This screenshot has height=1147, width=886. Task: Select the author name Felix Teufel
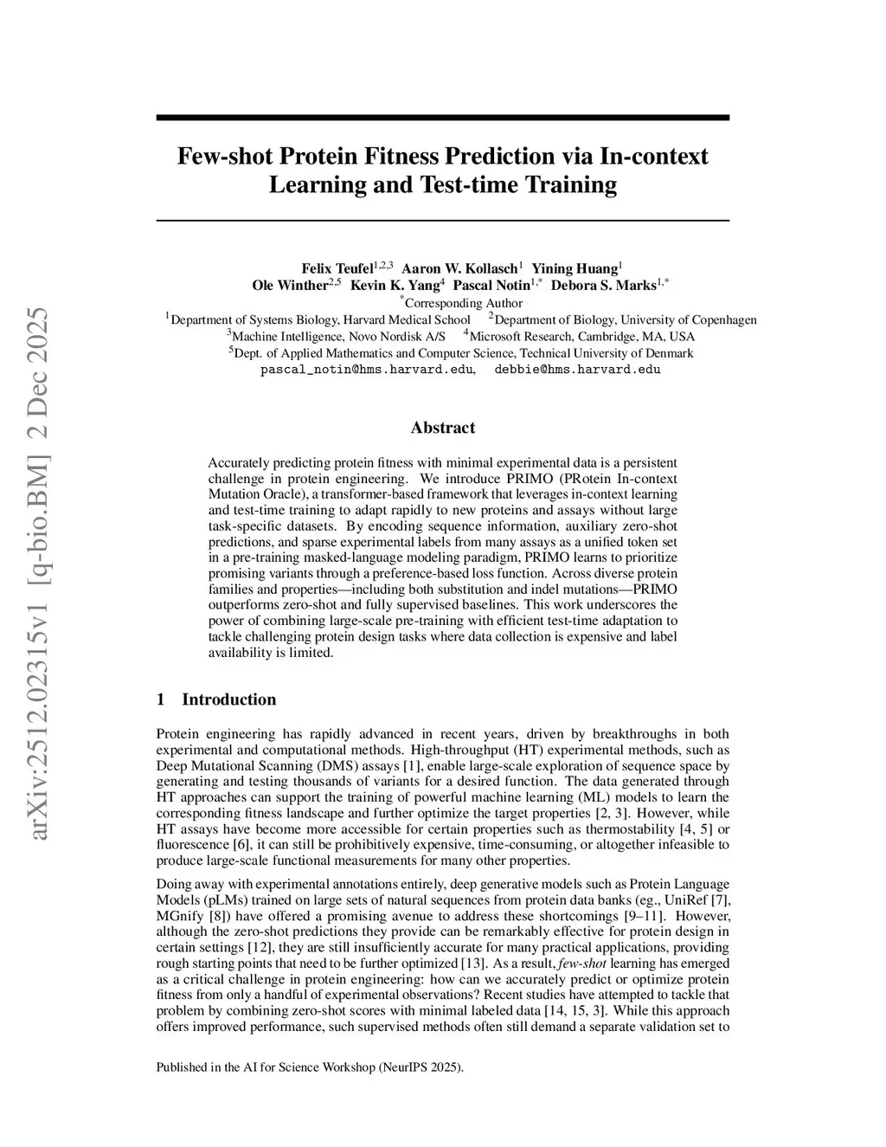(x=337, y=268)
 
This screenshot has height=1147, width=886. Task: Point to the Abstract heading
(x=442, y=428)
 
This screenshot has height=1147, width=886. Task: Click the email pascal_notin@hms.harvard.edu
(x=367, y=370)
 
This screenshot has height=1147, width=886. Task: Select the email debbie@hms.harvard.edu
(x=577, y=370)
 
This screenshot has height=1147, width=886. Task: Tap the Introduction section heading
(x=228, y=699)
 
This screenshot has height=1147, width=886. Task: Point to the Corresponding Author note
(x=463, y=303)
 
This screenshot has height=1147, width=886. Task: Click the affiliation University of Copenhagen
(x=683, y=319)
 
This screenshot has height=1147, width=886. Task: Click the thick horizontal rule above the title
(x=442, y=118)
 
